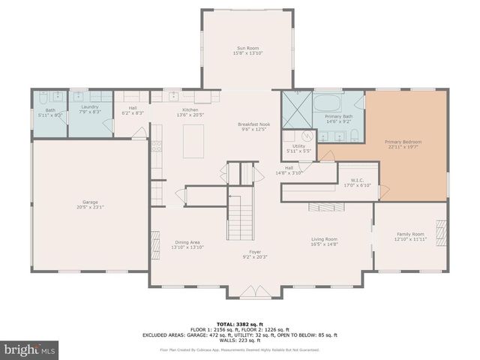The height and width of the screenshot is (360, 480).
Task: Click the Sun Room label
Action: point(247,49)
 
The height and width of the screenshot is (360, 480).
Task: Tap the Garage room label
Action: point(90,201)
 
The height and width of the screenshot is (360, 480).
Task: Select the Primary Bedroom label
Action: point(403,142)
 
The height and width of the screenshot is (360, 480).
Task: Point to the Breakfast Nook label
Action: point(253,124)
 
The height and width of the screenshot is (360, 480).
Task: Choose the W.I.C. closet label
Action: point(357,180)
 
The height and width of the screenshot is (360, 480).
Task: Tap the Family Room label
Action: point(410,234)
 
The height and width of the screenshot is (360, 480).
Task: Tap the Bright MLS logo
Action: point(29,349)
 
